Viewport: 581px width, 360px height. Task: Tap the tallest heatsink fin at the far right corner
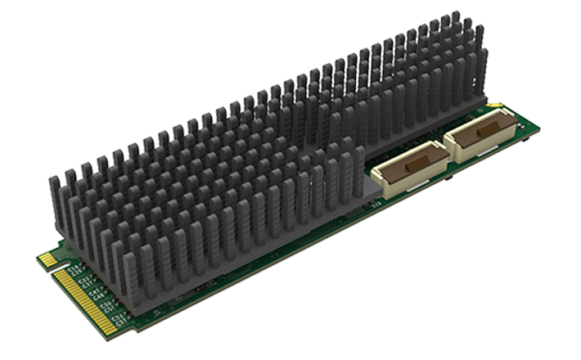coord(480,49)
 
